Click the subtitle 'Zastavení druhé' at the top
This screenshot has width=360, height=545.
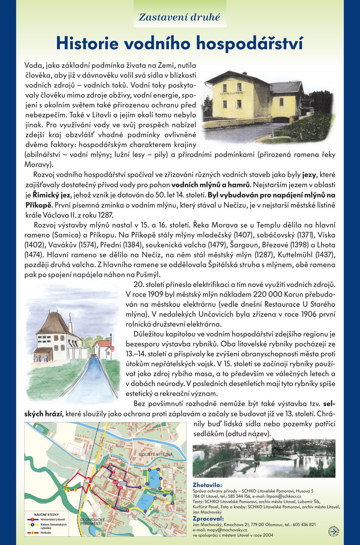click(x=179, y=17)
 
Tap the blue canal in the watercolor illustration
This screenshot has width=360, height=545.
click(x=89, y=378)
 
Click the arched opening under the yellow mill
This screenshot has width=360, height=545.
click(x=280, y=120)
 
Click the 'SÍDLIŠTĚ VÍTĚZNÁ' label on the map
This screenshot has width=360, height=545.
click(x=155, y=454)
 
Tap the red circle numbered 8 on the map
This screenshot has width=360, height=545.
click(x=110, y=465)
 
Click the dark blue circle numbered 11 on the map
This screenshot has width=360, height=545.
click(x=146, y=511)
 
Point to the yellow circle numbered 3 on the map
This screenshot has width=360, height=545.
click(x=76, y=489)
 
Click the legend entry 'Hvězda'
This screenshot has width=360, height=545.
click(x=45, y=532)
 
